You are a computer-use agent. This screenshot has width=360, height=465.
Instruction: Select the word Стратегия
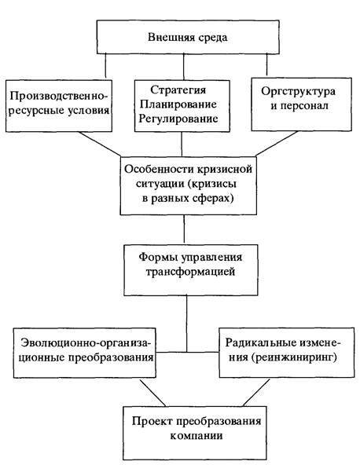pyautogui.click(x=178, y=90)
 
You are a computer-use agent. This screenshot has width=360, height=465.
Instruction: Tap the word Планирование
pyautogui.click(x=178, y=104)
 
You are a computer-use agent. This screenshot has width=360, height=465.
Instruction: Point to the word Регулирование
pyautogui.click(x=178, y=119)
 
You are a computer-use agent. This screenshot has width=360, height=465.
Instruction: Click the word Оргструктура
pyautogui.click(x=298, y=91)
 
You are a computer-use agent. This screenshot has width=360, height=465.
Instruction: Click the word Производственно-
pyautogui.click(x=59, y=96)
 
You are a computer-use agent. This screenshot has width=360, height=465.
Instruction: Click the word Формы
pyautogui.click(x=157, y=257)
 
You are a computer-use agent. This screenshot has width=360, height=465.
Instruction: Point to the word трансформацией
pyautogui.click(x=190, y=272)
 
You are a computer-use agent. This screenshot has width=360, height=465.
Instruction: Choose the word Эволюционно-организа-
pyautogui.click(x=86, y=342)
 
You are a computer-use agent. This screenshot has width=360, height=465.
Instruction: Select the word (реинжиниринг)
pyautogui.click(x=294, y=357)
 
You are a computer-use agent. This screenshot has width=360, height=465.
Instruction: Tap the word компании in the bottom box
pyautogui.click(x=197, y=436)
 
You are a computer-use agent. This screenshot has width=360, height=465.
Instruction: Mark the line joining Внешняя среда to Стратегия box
pyautogui.click(x=183, y=67)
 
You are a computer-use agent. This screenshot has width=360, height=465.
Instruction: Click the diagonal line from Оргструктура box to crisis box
pyautogui.click(x=277, y=143)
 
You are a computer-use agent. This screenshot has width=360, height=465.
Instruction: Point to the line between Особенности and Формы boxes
pyautogui.click(x=184, y=229)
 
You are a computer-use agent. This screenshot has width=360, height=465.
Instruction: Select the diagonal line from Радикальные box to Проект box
pyautogui.click(x=256, y=393)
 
